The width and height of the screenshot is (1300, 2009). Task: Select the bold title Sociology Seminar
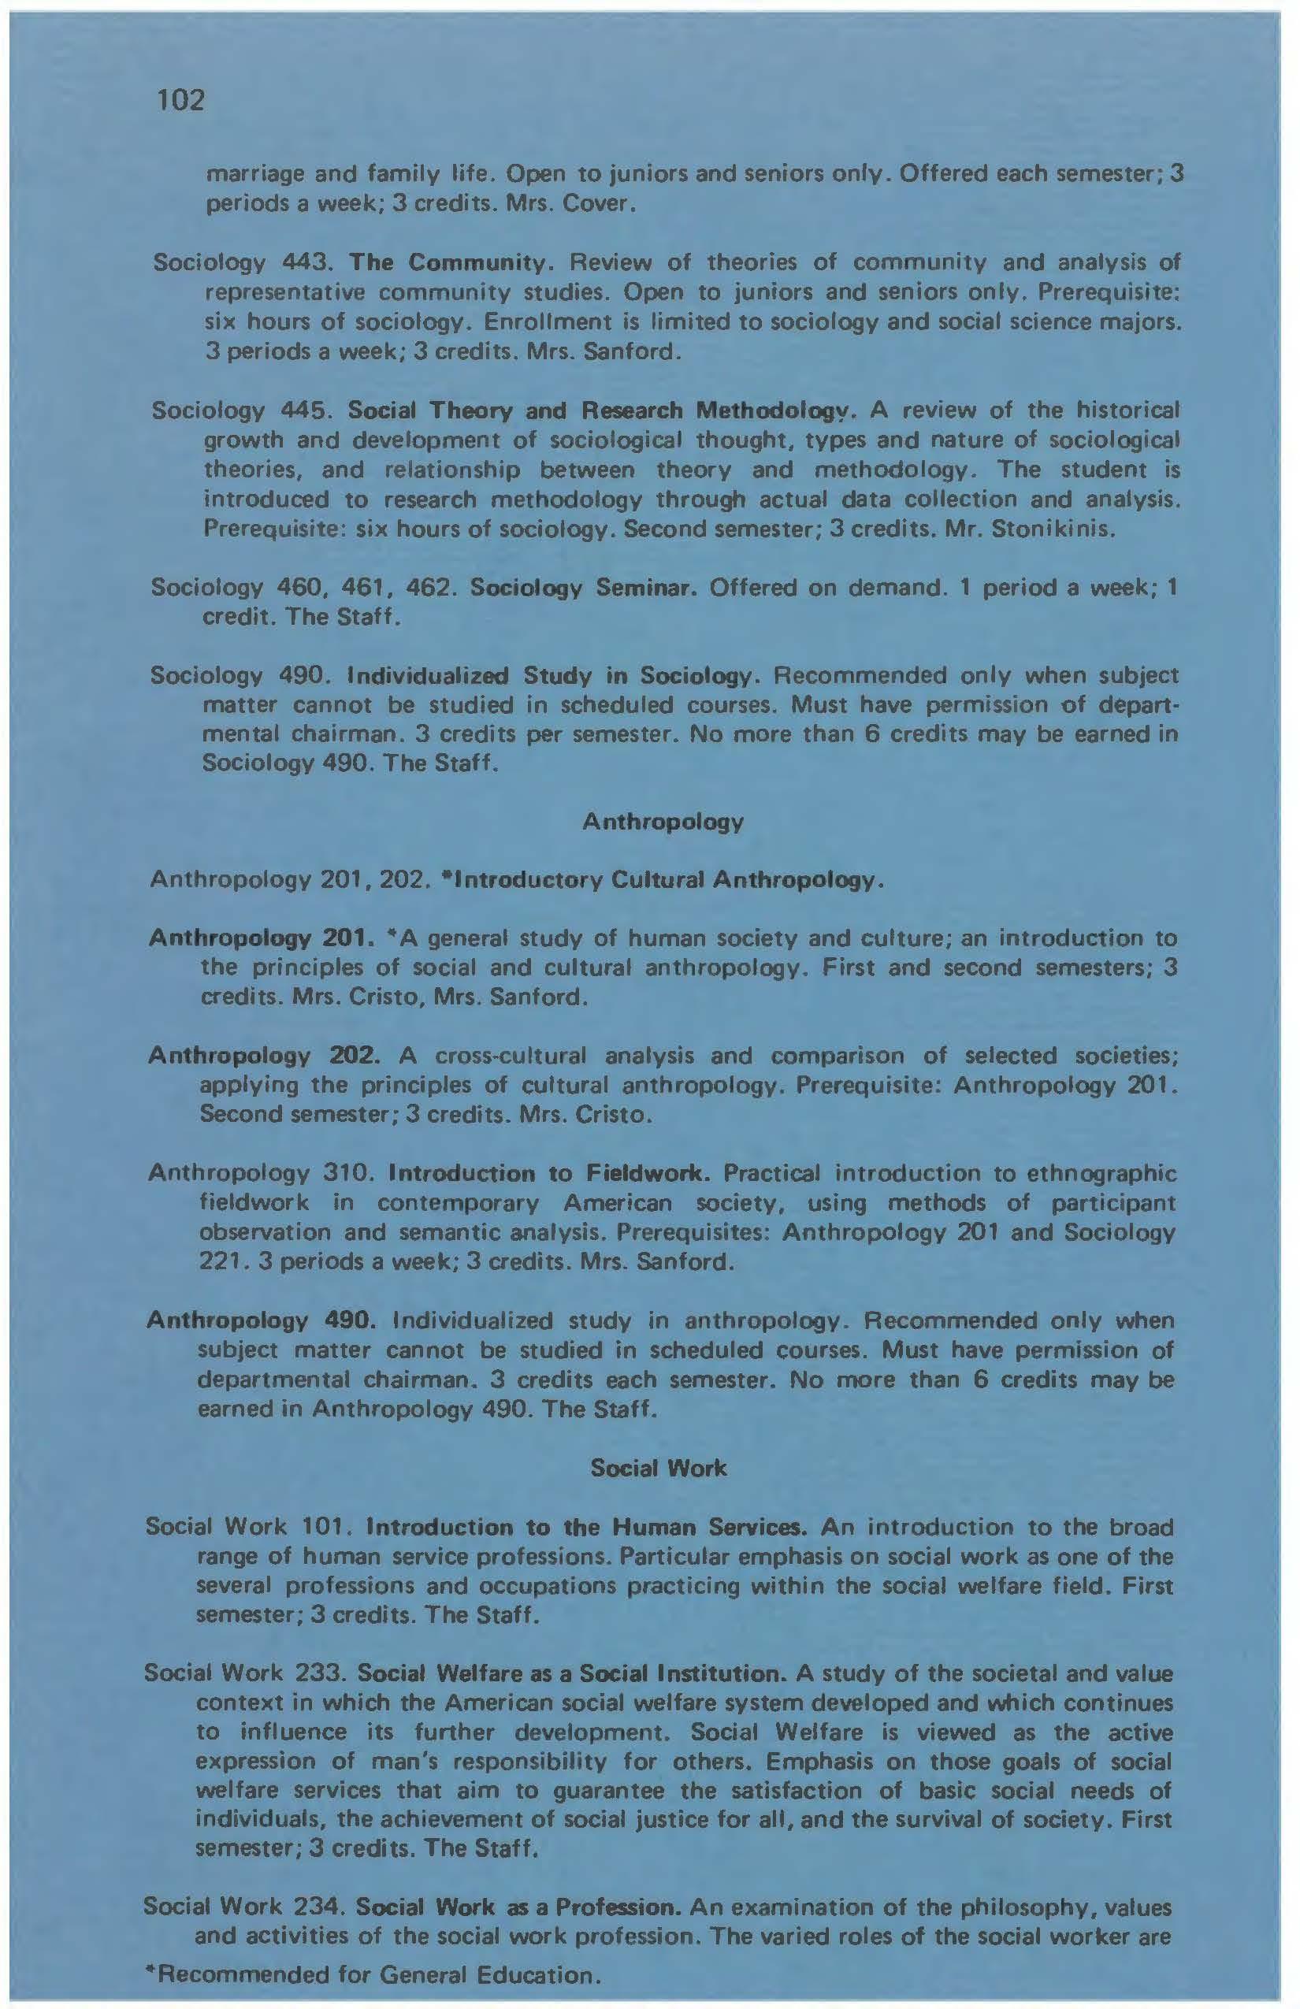(x=582, y=588)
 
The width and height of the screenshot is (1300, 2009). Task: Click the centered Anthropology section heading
(x=663, y=821)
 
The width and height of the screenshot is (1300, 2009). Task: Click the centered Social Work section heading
(x=659, y=1468)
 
